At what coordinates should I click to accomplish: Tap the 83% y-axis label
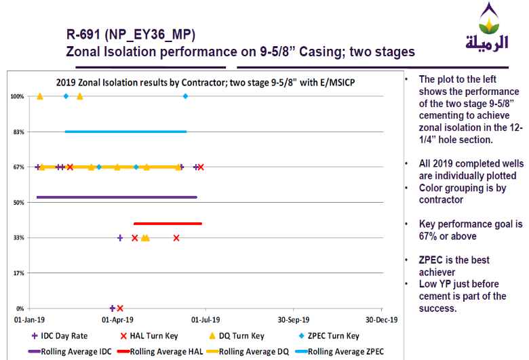coord(18,132)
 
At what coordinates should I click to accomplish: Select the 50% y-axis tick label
coord(18,202)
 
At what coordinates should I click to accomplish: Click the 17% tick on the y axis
coord(18,273)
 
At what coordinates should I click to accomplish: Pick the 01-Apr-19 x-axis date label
coord(117,319)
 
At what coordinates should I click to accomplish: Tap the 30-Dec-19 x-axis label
coord(380,319)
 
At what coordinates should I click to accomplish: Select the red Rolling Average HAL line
coord(168,223)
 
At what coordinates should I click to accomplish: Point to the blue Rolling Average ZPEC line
coord(125,132)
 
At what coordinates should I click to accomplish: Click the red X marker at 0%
coord(120,308)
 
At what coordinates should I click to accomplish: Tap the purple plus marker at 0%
coord(113,308)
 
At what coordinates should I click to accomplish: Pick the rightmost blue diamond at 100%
coord(185,96)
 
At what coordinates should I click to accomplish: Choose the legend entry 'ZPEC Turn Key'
coord(327,336)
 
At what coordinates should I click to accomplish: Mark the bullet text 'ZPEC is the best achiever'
coord(454,265)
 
